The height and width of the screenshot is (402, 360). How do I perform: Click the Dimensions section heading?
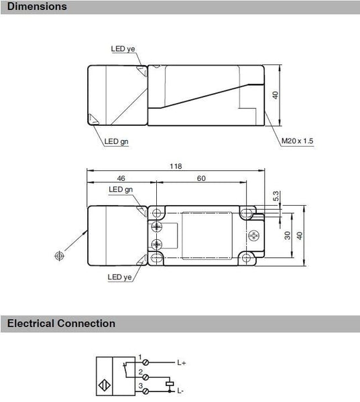click(x=37, y=7)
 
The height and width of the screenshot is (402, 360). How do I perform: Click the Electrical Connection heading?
click(x=61, y=324)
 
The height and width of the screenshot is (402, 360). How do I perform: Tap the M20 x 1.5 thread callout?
click(x=297, y=141)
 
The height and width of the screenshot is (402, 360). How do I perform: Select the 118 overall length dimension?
click(x=176, y=166)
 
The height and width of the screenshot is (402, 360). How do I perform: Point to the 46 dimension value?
click(x=121, y=178)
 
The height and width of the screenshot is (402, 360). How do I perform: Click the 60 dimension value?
click(x=201, y=178)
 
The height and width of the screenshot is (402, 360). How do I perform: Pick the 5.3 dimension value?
click(x=276, y=196)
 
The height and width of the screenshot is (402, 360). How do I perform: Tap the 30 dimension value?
click(x=288, y=235)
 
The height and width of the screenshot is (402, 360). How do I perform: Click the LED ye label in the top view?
click(x=123, y=49)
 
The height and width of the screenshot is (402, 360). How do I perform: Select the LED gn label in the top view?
click(x=116, y=141)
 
